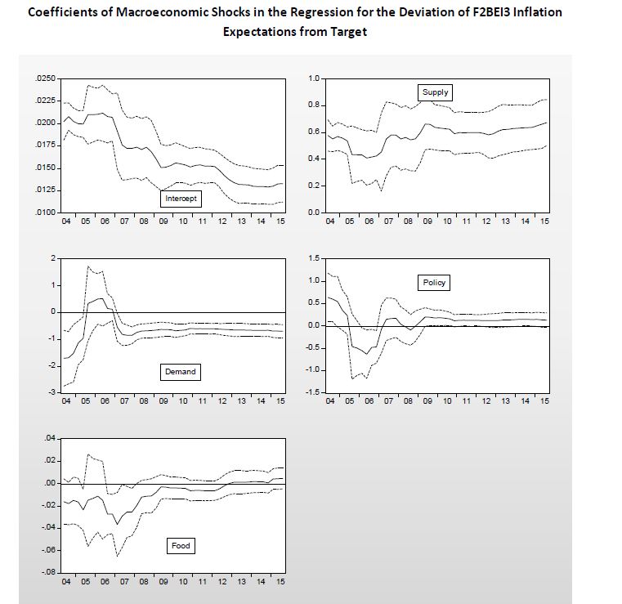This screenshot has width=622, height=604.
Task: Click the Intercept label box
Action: click(181, 199)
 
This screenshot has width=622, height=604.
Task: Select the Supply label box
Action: click(435, 92)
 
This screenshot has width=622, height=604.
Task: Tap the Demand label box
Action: click(181, 372)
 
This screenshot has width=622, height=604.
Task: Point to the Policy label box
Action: click(434, 283)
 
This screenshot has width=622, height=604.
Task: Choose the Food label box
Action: click(181, 546)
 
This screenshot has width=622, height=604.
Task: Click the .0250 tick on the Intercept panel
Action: click(46, 78)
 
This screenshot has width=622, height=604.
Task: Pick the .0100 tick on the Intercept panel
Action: click(46, 213)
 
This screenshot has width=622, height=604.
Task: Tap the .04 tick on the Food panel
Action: click(49, 439)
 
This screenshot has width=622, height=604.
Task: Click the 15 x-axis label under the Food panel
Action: click(280, 581)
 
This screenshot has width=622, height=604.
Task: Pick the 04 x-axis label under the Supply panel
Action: click(329, 221)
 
